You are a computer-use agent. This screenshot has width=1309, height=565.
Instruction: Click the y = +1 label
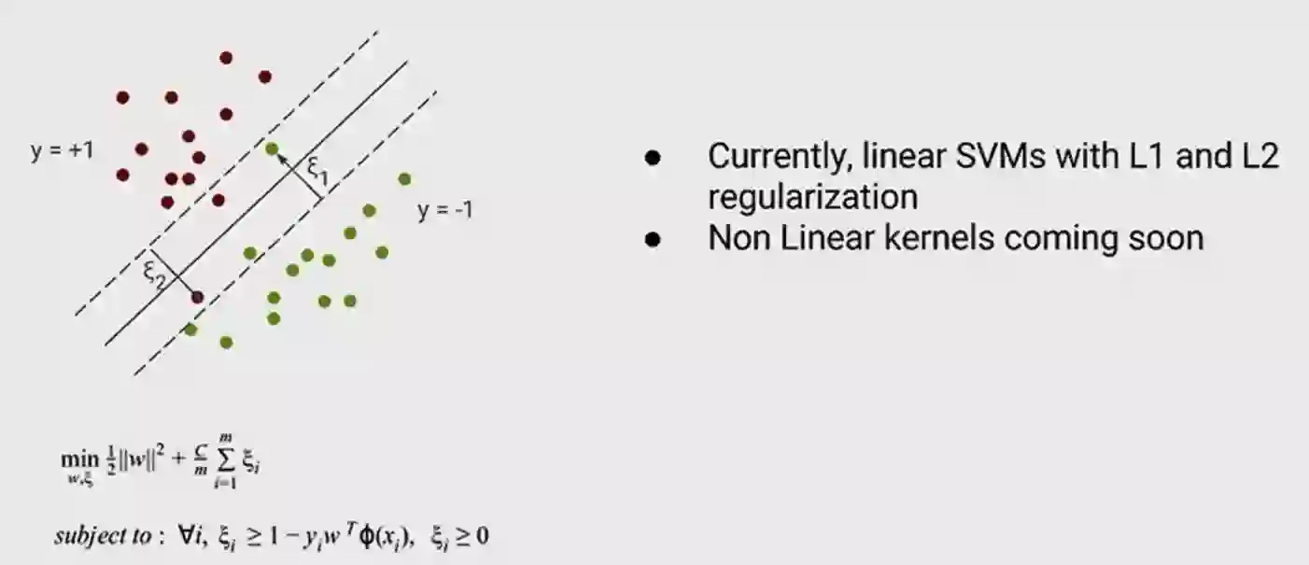62,150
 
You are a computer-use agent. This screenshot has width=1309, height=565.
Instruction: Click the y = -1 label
444,210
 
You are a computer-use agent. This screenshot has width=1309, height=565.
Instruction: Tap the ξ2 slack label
154,272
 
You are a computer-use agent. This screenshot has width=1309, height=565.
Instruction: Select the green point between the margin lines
272,148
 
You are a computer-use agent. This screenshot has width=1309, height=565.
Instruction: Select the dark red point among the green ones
197,297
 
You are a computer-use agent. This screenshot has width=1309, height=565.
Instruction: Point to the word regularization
812,197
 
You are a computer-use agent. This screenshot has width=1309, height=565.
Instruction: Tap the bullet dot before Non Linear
653,239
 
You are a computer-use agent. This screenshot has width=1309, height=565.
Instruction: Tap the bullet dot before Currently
653,158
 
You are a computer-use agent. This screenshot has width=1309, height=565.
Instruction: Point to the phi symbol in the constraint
361,537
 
